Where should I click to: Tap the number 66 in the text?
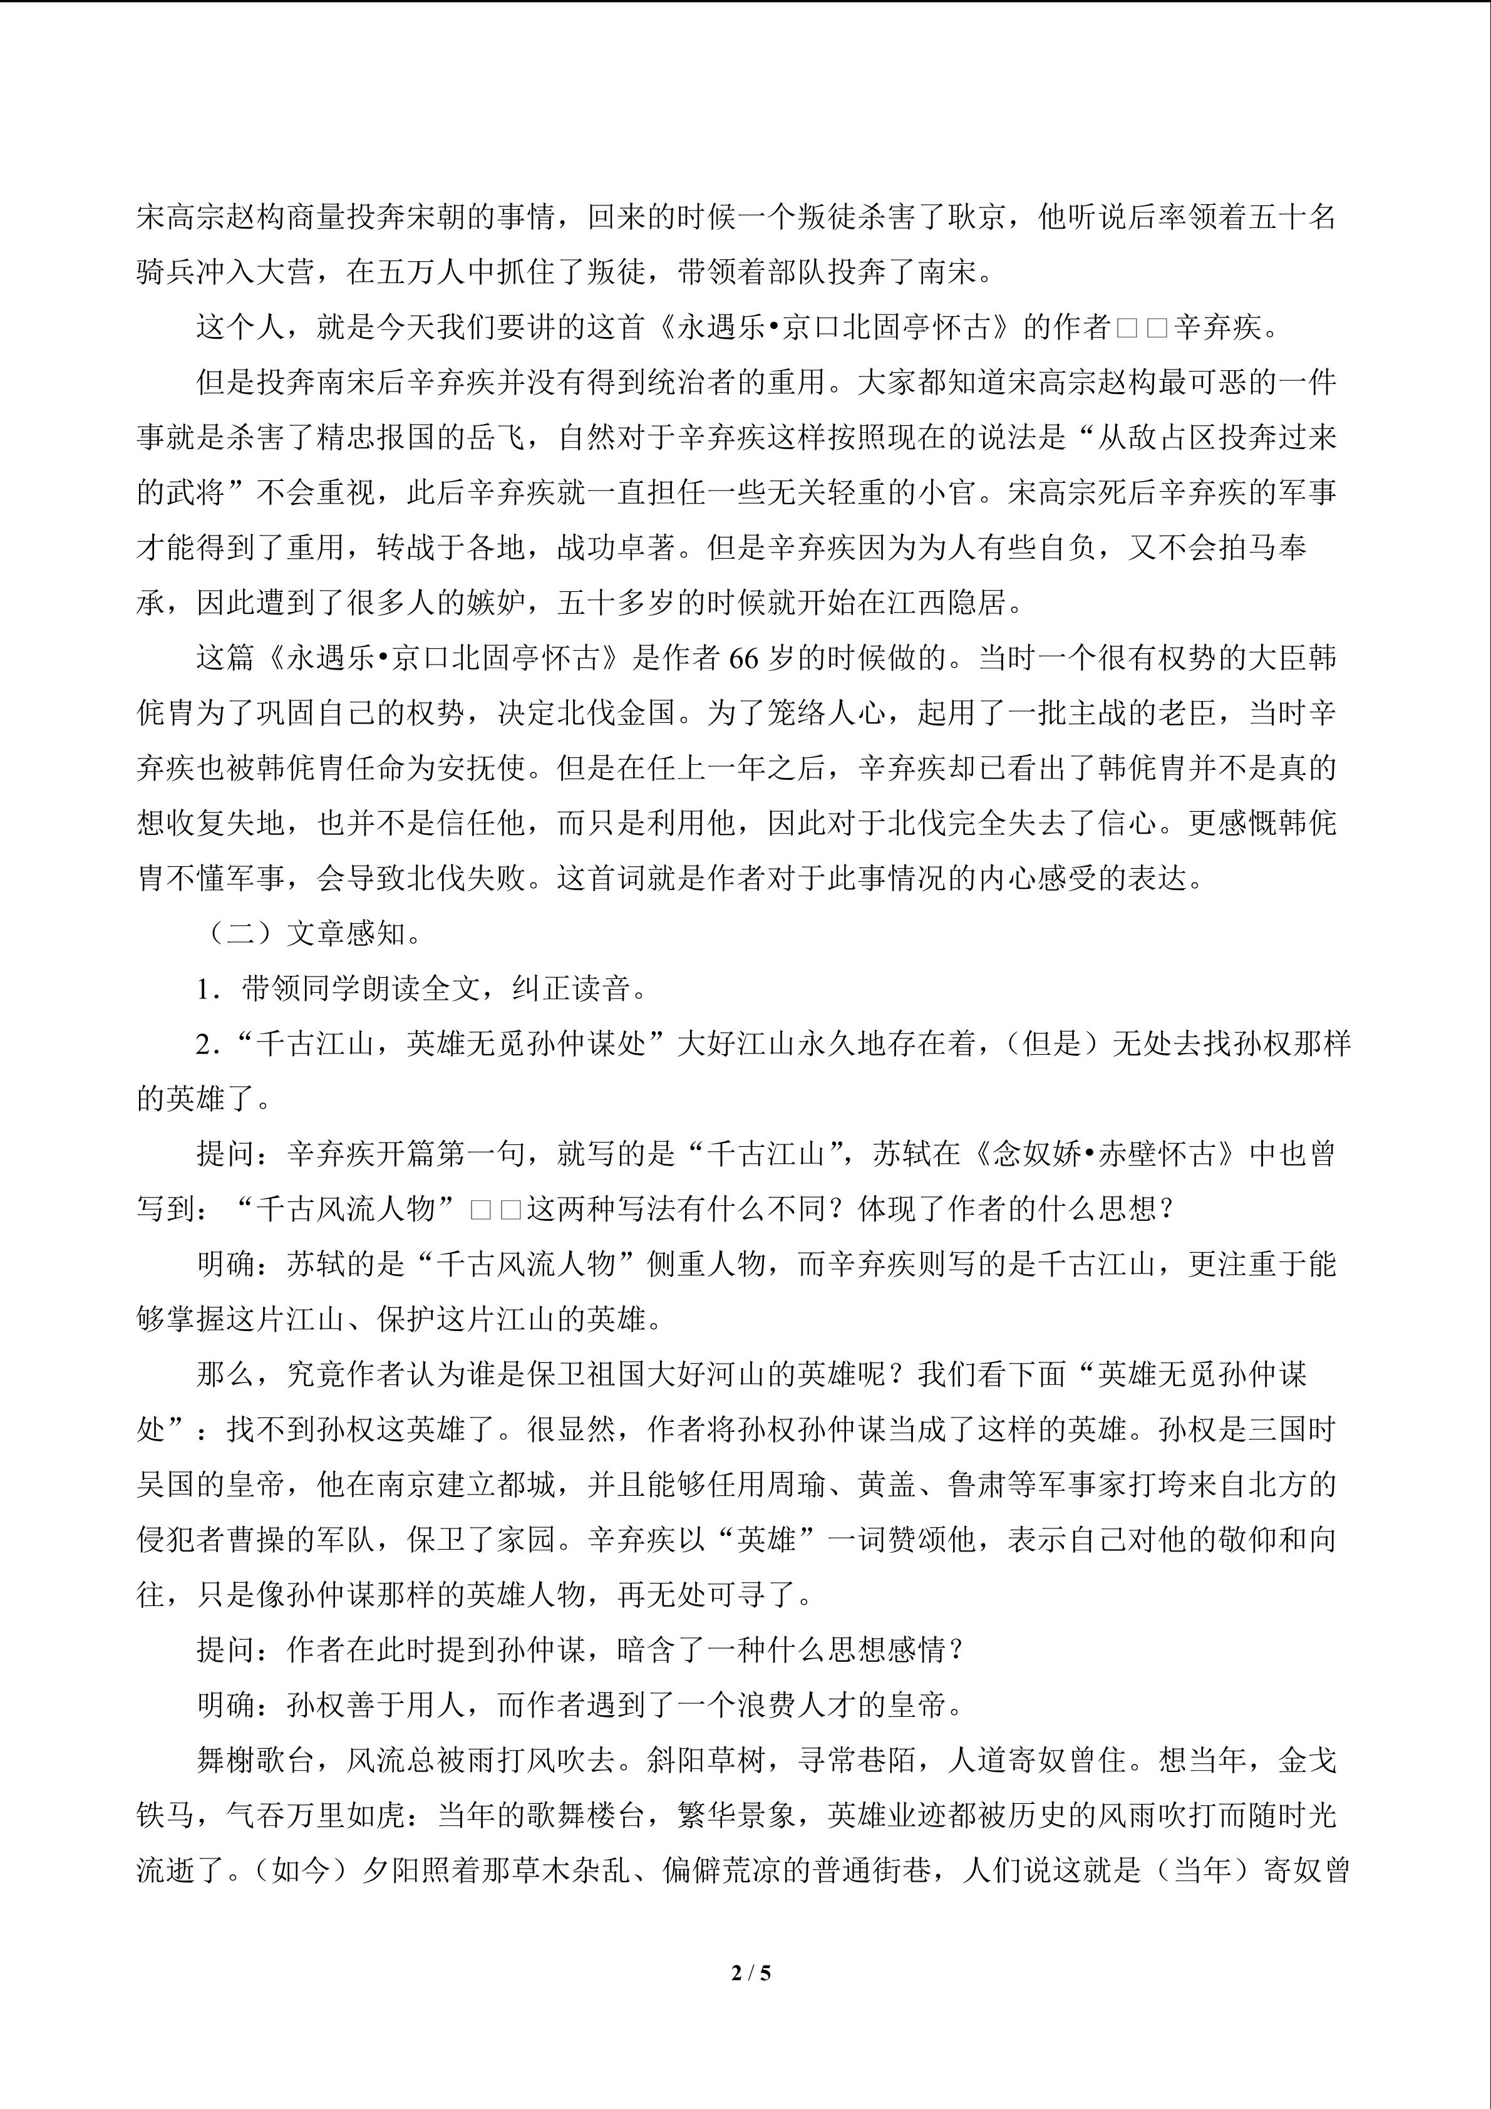pos(745,658)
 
